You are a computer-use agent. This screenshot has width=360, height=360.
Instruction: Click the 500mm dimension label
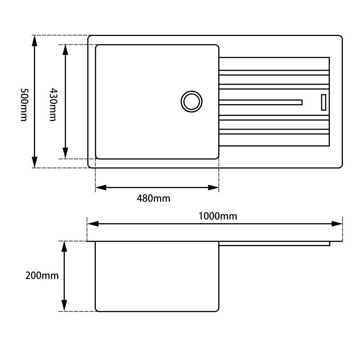click(x=24, y=104)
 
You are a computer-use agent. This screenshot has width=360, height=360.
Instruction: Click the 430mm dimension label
click(x=53, y=105)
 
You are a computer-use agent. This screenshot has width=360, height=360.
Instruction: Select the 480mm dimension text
click(x=153, y=198)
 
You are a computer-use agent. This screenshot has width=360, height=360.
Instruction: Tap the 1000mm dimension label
click(x=218, y=216)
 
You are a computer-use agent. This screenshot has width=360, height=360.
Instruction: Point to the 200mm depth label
click(x=42, y=275)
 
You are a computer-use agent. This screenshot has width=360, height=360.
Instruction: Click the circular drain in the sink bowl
click(x=192, y=101)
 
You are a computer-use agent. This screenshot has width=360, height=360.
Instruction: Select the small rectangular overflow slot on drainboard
click(x=323, y=102)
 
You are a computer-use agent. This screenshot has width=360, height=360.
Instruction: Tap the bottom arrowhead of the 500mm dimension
click(x=35, y=162)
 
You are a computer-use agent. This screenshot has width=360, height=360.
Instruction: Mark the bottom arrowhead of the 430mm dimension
click(x=66, y=153)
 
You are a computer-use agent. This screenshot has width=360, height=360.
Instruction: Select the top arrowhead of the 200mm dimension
click(x=64, y=246)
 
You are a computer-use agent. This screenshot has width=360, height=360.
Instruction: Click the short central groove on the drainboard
click(x=261, y=102)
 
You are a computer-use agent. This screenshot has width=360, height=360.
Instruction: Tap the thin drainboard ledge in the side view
click(x=274, y=243)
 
